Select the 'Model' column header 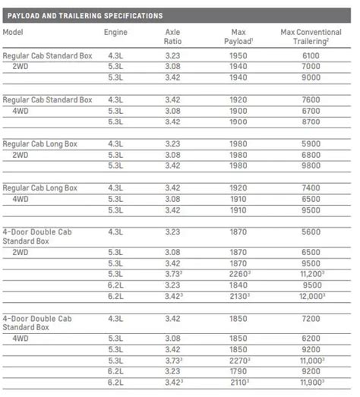coord(14,32)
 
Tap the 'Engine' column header coord(115,32)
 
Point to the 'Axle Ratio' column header coord(172,36)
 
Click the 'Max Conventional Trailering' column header coord(311,36)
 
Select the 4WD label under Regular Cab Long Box coord(21,198)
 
